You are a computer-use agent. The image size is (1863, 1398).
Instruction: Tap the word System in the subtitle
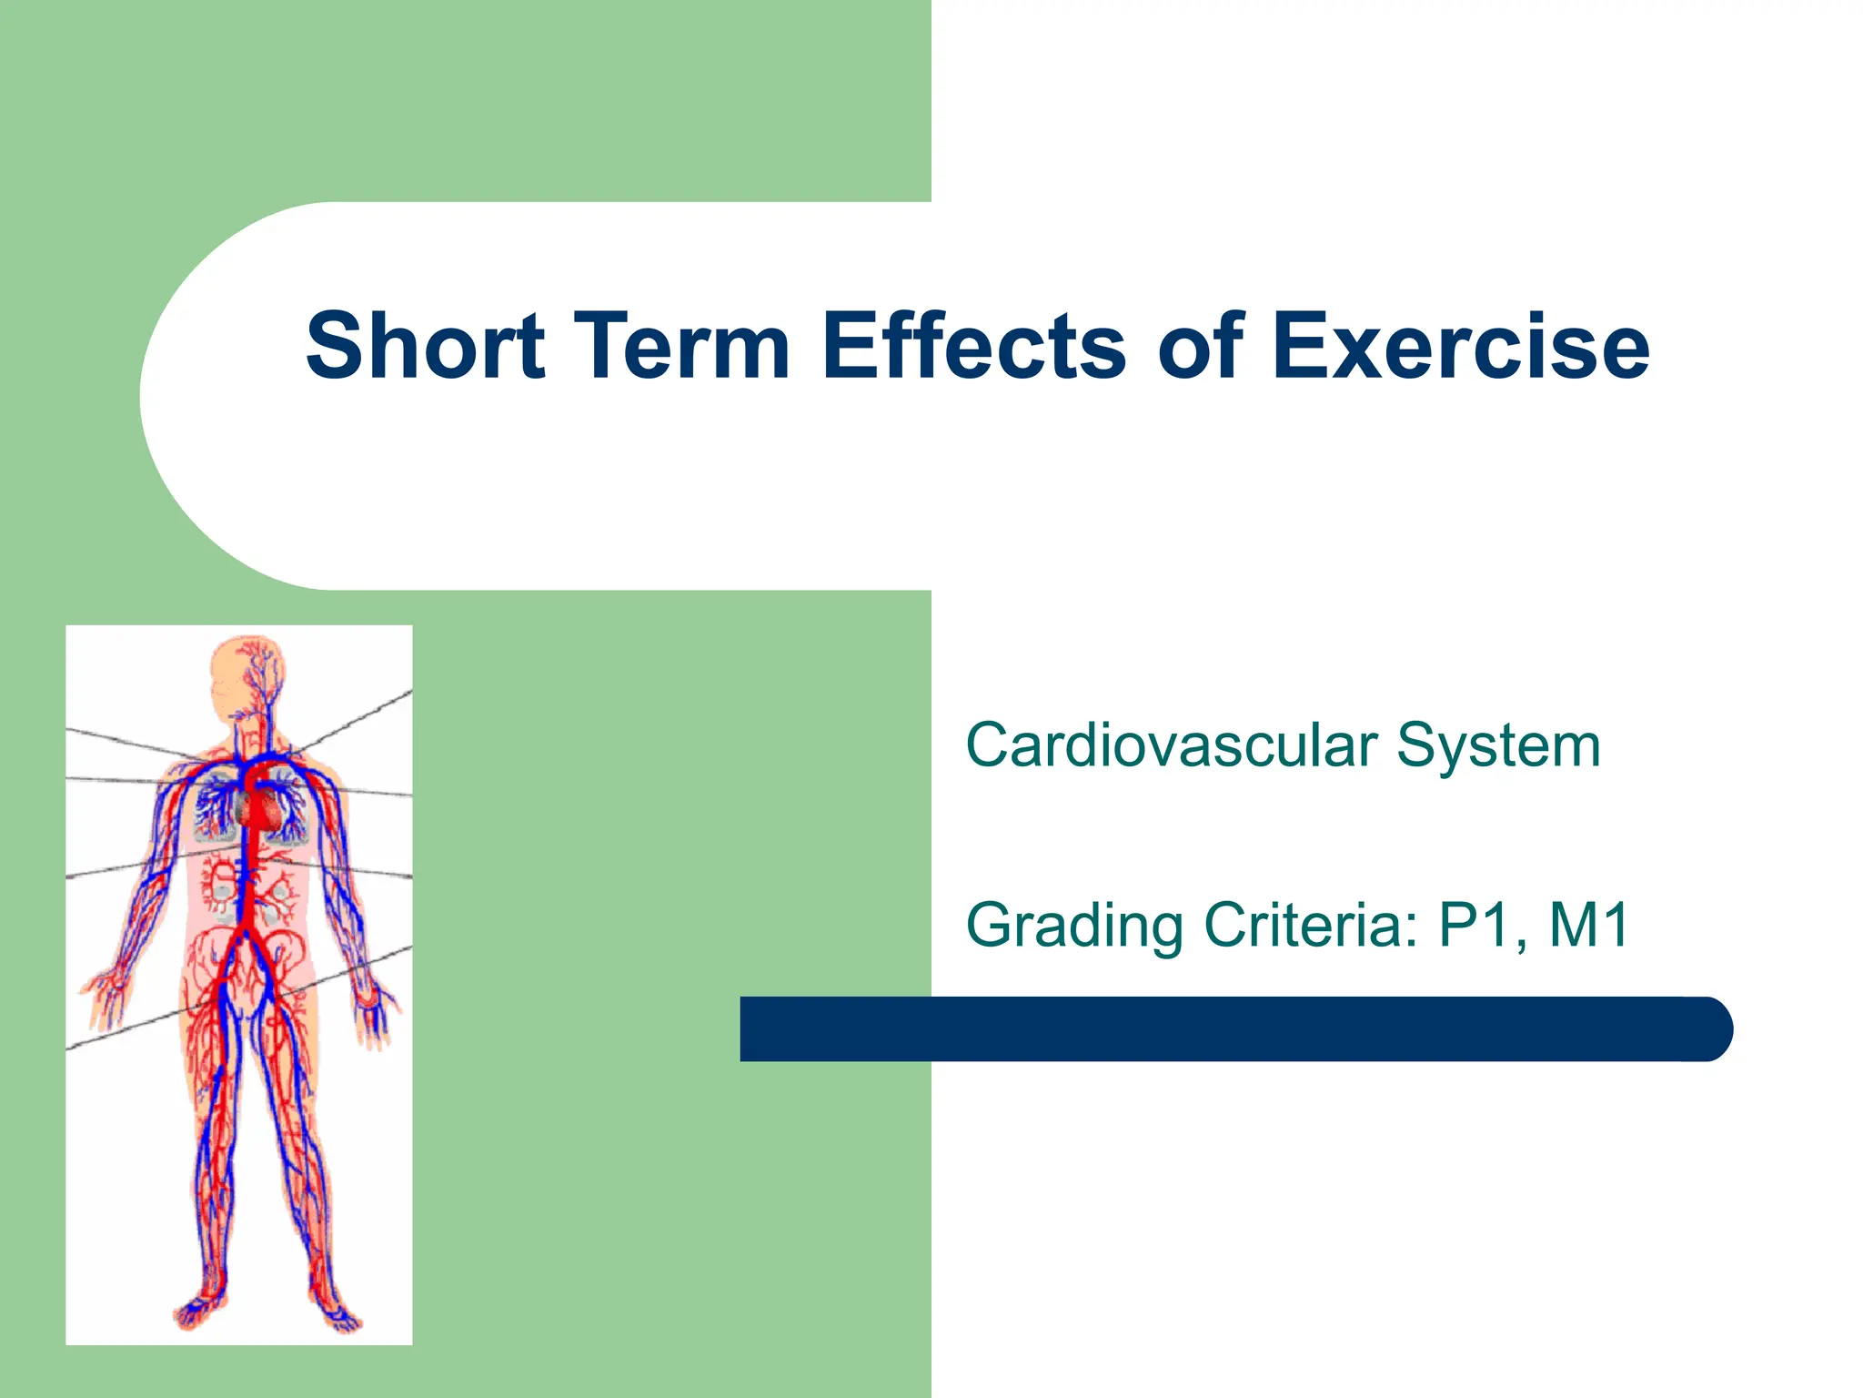click(x=1498, y=745)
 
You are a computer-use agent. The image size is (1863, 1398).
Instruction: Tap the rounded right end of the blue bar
click(x=1710, y=1028)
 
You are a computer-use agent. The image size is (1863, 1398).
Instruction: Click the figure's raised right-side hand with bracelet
click(x=375, y=1010)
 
